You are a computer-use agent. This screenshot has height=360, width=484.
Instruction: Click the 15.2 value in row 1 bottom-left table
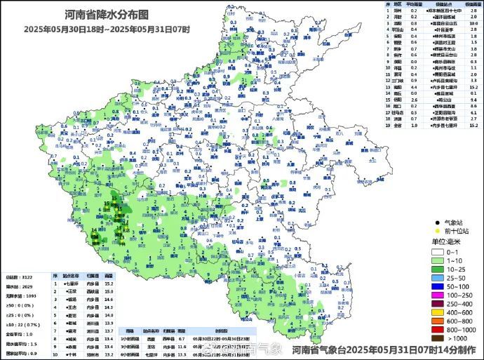(109, 284)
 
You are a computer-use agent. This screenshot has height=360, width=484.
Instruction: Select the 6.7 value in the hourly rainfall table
(182, 337)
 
